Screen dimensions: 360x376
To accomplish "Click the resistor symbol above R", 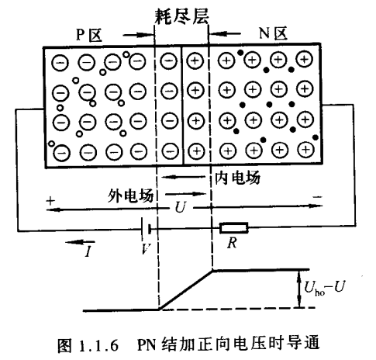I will (x=234, y=228).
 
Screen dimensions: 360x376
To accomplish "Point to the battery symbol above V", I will (x=146, y=229).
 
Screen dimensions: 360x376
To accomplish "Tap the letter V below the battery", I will (x=144, y=250).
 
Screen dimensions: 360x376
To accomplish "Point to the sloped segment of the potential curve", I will (x=185, y=289).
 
